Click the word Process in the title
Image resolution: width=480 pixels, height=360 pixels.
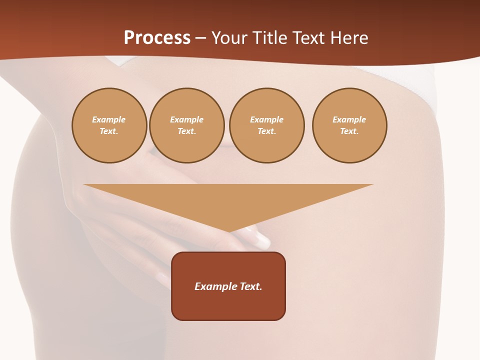pyautogui.click(x=157, y=38)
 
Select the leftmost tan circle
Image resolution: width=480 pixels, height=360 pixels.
pyautogui.click(x=109, y=125)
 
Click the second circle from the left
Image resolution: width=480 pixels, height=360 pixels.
pyautogui.click(x=187, y=125)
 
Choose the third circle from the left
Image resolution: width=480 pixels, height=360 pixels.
pyautogui.click(x=267, y=125)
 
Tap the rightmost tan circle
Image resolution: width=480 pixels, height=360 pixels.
pyautogui.click(x=349, y=125)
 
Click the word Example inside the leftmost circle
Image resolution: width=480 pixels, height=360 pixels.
pyautogui.click(x=109, y=120)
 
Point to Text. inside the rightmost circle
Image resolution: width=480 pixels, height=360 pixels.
pyautogui.click(x=349, y=131)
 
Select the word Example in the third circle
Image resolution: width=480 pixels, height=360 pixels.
pyautogui.click(x=267, y=120)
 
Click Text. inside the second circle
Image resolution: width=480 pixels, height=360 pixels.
pyautogui.click(x=187, y=131)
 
